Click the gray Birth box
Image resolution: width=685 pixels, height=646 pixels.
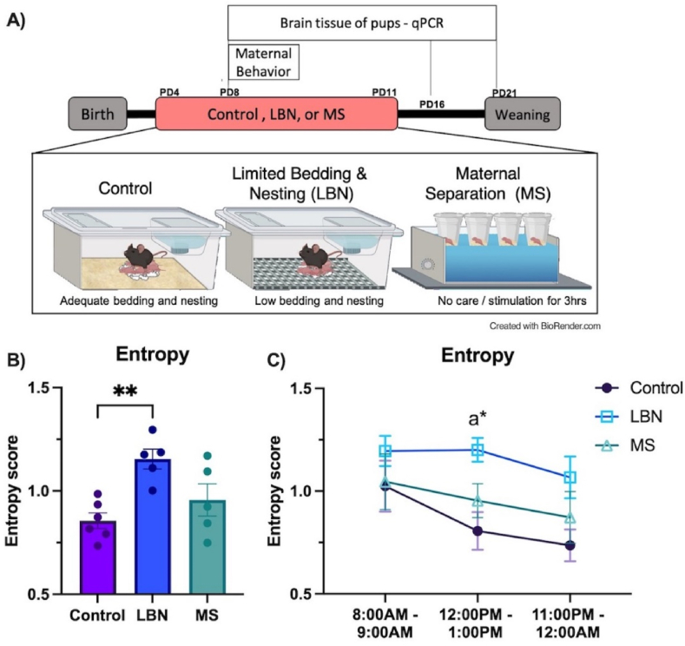click(x=98, y=114)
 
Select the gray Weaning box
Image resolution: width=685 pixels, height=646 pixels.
click(x=522, y=114)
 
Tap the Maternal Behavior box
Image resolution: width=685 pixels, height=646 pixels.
click(x=264, y=62)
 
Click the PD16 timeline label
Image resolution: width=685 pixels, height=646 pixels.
click(x=431, y=104)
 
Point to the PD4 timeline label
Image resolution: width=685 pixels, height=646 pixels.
click(x=172, y=92)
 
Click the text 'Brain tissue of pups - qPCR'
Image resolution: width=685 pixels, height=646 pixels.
click(x=361, y=20)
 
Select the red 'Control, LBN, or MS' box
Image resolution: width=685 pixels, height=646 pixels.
click(x=275, y=114)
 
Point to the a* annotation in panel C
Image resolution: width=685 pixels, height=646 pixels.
click(x=477, y=420)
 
